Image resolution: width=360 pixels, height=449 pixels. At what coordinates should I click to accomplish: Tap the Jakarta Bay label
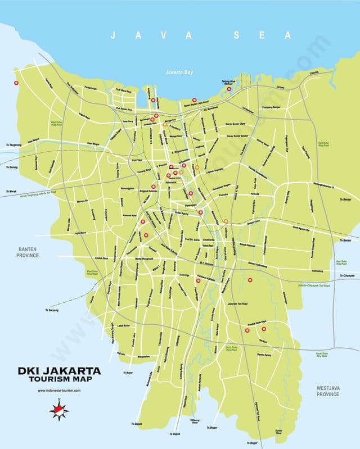(179, 72)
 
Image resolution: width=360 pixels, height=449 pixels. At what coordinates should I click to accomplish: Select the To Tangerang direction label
(13, 145)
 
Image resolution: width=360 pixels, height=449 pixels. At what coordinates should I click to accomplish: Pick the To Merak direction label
(10, 192)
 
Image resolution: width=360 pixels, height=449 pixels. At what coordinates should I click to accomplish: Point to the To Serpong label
(52, 310)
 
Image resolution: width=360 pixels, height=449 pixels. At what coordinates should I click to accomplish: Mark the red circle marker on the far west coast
(16, 83)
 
